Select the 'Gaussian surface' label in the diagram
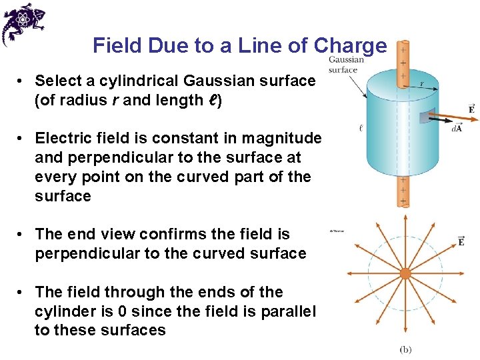(x=346, y=65)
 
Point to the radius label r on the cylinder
(x=421, y=84)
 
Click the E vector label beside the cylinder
(x=471, y=109)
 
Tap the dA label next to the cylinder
(x=456, y=128)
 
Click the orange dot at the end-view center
(x=405, y=273)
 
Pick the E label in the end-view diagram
(x=461, y=241)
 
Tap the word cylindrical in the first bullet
(x=139, y=81)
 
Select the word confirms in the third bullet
(x=180, y=234)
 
